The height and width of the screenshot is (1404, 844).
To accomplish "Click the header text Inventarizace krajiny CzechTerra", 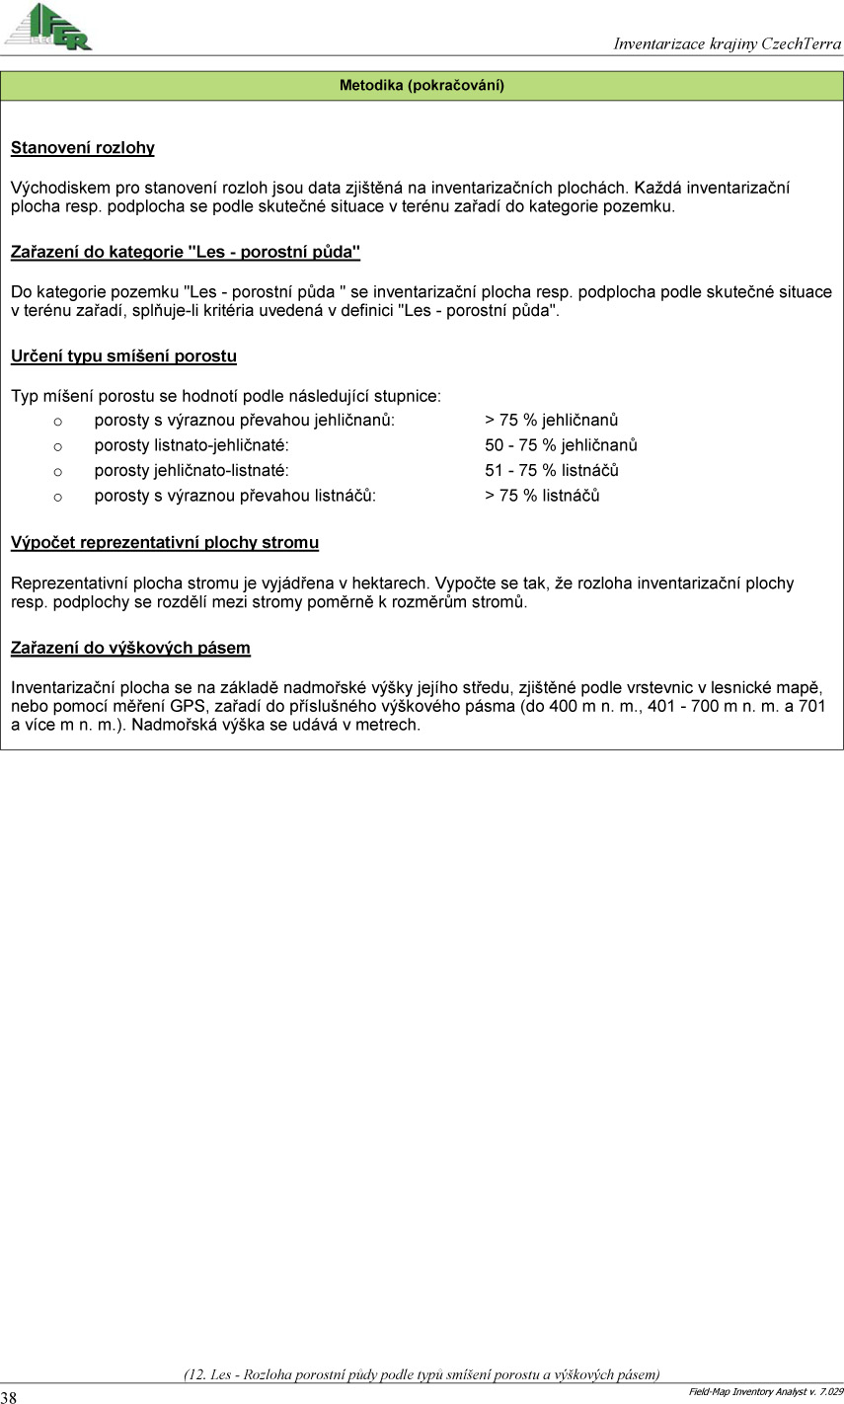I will (727, 43).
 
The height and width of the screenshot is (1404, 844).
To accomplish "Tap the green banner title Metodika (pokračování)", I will (422, 85).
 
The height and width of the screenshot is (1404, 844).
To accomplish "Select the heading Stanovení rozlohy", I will (83, 148).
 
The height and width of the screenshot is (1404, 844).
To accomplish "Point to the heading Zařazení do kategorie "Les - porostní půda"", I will (185, 252).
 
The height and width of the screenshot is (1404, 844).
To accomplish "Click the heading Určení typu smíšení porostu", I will (123, 355).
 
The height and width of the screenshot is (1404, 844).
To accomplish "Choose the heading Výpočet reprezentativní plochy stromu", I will (164, 542).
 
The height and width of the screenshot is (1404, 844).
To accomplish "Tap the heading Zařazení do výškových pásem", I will (130, 648).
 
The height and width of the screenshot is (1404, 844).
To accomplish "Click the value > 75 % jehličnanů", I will (552, 420).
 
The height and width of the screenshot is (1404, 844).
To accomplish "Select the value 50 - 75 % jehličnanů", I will (561, 445).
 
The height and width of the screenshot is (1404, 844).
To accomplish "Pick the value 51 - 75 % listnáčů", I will (552, 470).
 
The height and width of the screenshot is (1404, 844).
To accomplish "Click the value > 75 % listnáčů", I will (542, 495).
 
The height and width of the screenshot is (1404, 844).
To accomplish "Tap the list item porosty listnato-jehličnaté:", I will (192, 445).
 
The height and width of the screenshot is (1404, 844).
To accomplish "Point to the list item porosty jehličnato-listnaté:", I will (192, 470).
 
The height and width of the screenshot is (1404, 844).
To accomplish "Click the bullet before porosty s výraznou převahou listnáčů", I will (57, 496).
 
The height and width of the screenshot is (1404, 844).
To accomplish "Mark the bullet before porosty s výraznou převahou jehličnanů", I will (57, 421).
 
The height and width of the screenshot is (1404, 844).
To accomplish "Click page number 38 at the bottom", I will (9, 1396).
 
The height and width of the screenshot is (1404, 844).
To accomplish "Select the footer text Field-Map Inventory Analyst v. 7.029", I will (766, 1391).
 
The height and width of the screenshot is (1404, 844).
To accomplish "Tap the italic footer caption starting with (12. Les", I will (422, 1373).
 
